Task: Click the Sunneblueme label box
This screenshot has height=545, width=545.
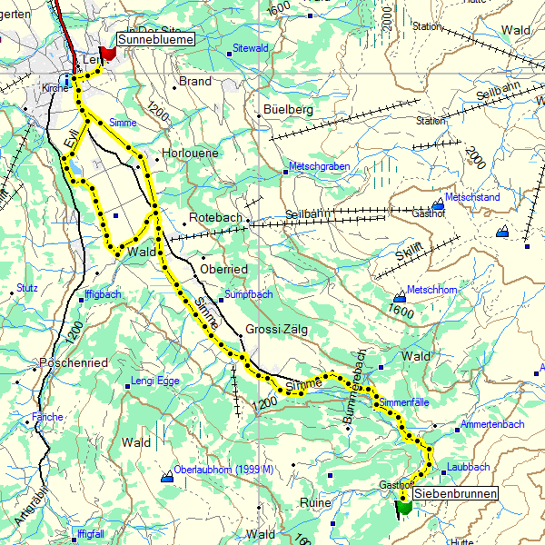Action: (156, 40)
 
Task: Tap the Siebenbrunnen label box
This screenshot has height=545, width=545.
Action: (460, 493)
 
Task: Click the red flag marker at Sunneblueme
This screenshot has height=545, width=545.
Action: (108, 53)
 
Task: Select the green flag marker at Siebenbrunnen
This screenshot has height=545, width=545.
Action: (404, 507)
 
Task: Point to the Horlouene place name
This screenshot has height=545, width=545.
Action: (190, 154)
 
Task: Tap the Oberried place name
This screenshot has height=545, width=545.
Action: (223, 270)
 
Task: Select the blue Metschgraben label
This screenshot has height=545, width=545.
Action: (319, 166)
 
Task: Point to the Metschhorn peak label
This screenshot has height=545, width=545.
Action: (435, 290)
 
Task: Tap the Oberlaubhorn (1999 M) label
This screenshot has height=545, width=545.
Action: (223, 470)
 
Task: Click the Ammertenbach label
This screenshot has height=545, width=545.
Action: (492, 424)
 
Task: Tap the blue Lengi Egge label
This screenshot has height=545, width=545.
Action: (155, 381)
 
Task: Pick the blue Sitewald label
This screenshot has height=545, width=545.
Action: (251, 46)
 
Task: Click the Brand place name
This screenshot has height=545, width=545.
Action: (195, 81)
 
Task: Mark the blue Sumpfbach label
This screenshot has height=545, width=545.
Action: (248, 295)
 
